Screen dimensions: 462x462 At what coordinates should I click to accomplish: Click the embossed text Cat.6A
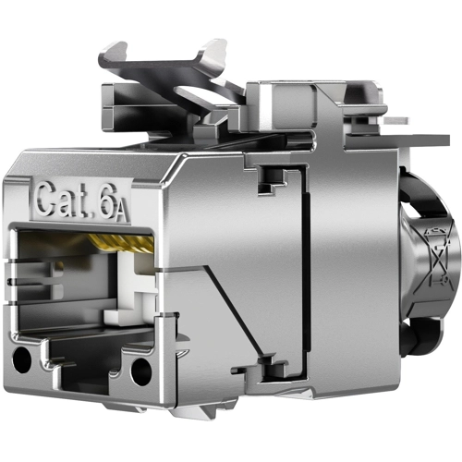point(81,201)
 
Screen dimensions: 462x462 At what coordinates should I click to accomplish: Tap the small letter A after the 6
point(120,214)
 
